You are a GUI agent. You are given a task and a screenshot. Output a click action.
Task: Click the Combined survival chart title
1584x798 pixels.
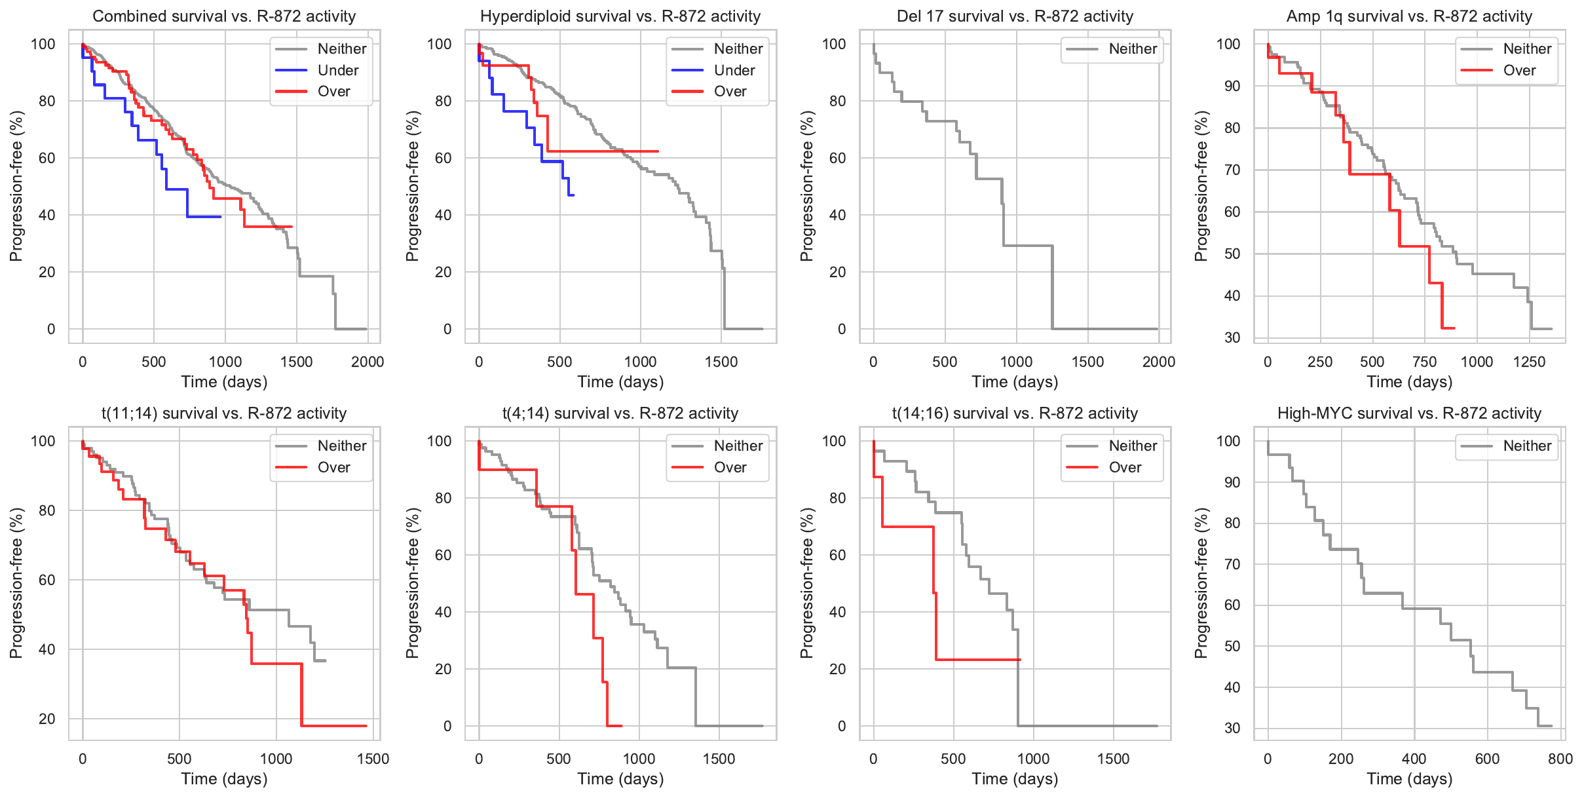pyautogui.click(x=224, y=16)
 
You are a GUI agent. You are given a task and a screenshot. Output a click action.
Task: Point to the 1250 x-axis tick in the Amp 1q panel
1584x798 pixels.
pyautogui.click(x=1529, y=362)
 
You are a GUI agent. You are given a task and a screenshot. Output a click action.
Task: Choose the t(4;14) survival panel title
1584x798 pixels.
pyautogui.click(x=620, y=413)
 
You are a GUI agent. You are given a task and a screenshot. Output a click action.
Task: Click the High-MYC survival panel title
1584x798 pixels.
pyautogui.click(x=1409, y=413)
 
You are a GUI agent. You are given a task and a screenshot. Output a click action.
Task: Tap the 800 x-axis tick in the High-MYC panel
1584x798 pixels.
pyautogui.click(x=1560, y=759)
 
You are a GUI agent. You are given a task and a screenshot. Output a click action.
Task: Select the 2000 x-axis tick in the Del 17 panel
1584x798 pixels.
pyautogui.click(x=1158, y=362)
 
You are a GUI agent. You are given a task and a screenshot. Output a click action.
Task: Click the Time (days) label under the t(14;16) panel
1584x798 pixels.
pyautogui.click(x=1015, y=779)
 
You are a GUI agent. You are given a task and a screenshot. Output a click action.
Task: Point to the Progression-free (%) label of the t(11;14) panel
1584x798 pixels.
pyautogui.click(x=16, y=583)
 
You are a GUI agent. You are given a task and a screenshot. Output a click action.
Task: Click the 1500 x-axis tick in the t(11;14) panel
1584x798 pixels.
pyautogui.click(x=373, y=759)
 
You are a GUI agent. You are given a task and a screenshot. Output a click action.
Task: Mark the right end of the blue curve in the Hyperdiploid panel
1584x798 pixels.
pyautogui.click(x=574, y=195)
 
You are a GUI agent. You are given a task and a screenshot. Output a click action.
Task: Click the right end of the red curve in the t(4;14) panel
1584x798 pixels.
pyautogui.click(x=621, y=726)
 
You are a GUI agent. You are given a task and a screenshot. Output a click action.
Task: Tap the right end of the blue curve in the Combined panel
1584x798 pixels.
pyautogui.click(x=220, y=217)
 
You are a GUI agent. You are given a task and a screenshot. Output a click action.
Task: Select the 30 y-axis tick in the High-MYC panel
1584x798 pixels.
pyautogui.click(x=1232, y=728)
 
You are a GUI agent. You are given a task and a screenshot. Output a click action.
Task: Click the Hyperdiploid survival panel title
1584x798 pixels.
pyautogui.click(x=620, y=16)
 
